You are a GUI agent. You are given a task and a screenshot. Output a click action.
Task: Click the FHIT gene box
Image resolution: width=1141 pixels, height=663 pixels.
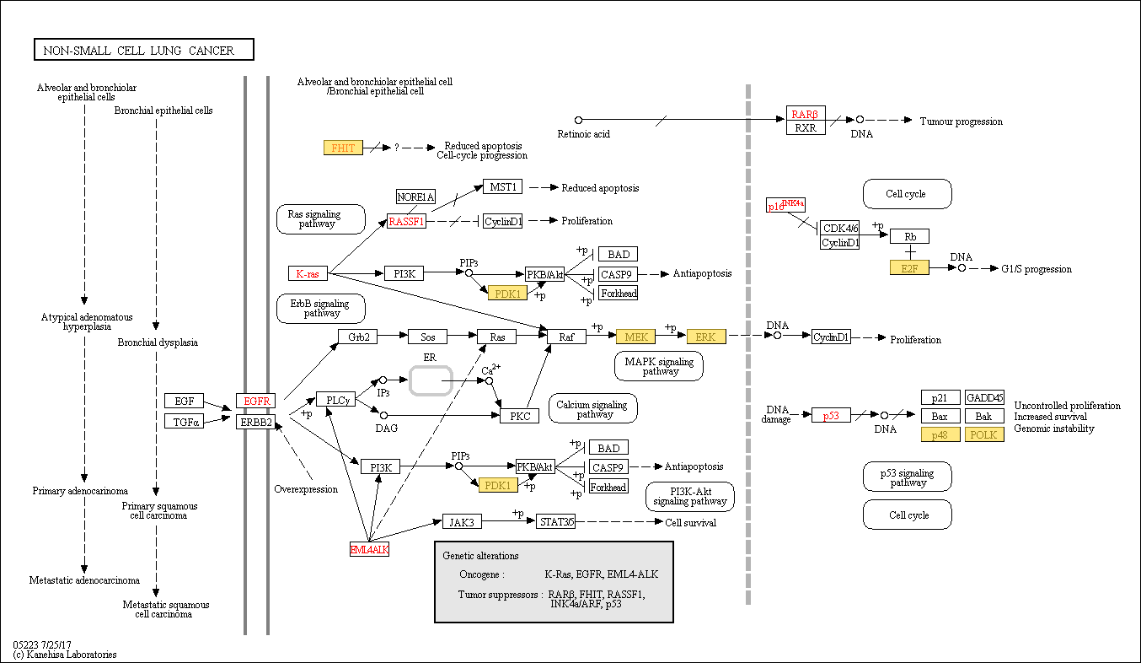343,148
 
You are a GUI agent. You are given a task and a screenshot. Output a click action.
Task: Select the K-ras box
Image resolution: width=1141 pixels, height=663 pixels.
308,273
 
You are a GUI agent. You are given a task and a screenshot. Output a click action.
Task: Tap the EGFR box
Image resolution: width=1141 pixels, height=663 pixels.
255,401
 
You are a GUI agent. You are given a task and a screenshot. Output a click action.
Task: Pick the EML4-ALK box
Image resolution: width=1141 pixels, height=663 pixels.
369,549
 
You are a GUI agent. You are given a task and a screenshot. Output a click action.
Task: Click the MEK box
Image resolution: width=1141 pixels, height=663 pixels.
635,337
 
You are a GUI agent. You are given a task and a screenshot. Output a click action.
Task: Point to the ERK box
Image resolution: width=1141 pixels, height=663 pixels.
705,337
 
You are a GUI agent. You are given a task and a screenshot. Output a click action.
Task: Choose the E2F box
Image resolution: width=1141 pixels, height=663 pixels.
909,268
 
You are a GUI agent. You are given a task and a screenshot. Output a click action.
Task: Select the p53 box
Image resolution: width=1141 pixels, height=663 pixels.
831,415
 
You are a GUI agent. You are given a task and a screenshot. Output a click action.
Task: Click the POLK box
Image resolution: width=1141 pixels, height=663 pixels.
984,434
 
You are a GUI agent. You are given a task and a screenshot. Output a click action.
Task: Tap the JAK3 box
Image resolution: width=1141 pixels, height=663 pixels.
461,522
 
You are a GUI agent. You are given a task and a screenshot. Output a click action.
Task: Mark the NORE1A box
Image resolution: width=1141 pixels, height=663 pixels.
415,197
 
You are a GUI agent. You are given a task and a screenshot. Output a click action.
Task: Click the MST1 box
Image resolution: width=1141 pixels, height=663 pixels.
502,186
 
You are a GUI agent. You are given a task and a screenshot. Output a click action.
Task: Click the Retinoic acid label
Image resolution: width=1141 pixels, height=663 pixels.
583,134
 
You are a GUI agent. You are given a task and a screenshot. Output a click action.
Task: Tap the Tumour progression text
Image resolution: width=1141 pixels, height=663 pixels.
961,121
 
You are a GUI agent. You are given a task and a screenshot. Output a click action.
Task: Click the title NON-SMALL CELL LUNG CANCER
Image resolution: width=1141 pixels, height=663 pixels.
144,51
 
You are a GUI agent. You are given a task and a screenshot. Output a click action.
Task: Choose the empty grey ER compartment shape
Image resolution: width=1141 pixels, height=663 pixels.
431,380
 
